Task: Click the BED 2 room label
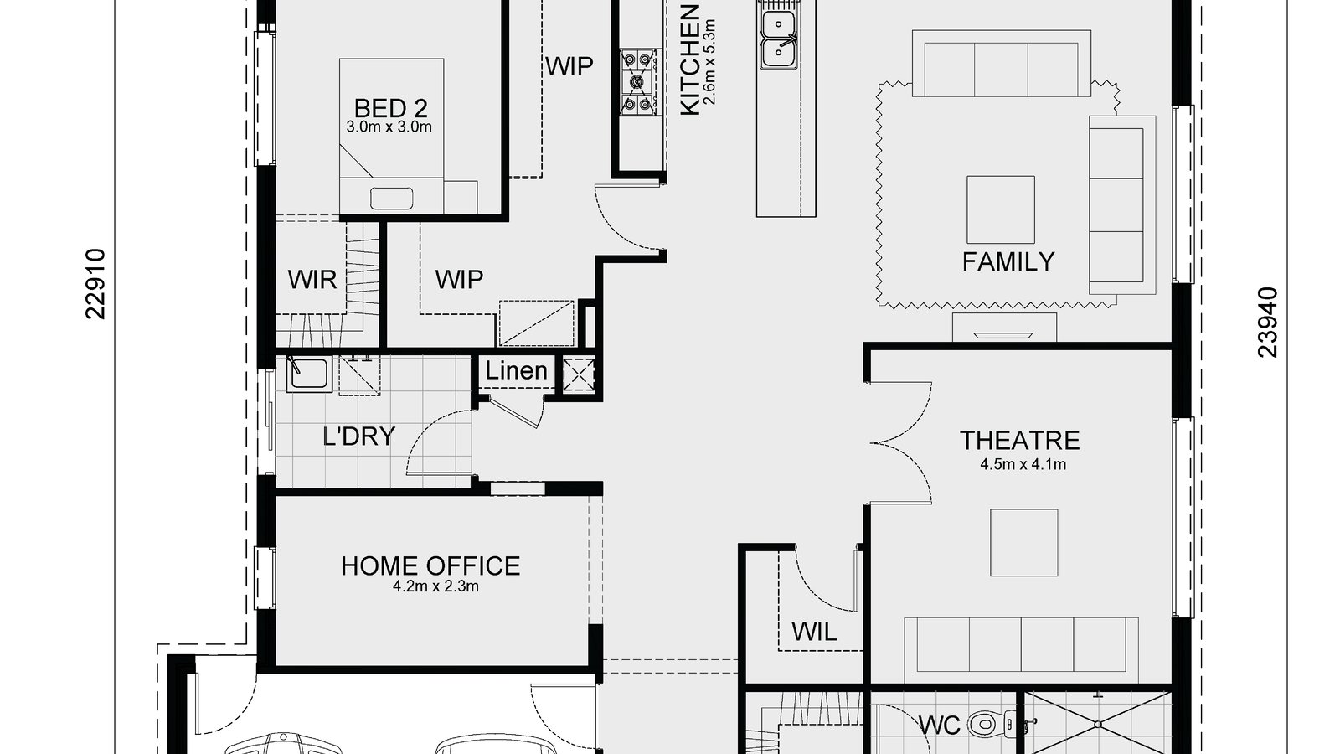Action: coord(390,108)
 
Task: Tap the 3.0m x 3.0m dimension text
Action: coord(389,127)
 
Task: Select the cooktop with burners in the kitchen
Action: coord(637,81)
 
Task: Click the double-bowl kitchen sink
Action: coord(779,39)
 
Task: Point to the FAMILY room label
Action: coord(1008,262)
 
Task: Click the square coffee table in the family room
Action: coord(1000,209)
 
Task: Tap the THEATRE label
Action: coord(1019,441)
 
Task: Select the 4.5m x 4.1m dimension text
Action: coord(1023,464)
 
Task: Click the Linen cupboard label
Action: coord(516,371)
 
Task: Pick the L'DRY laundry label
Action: coord(358,436)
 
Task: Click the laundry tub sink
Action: coord(307,374)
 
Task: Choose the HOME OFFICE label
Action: coord(430,566)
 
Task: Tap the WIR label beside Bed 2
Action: coord(312,280)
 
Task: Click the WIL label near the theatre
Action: coord(813,632)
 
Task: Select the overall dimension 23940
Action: coord(1268,323)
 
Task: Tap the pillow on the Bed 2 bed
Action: coord(392,199)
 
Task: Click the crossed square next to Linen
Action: coord(578,374)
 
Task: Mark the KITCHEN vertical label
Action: coord(689,60)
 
